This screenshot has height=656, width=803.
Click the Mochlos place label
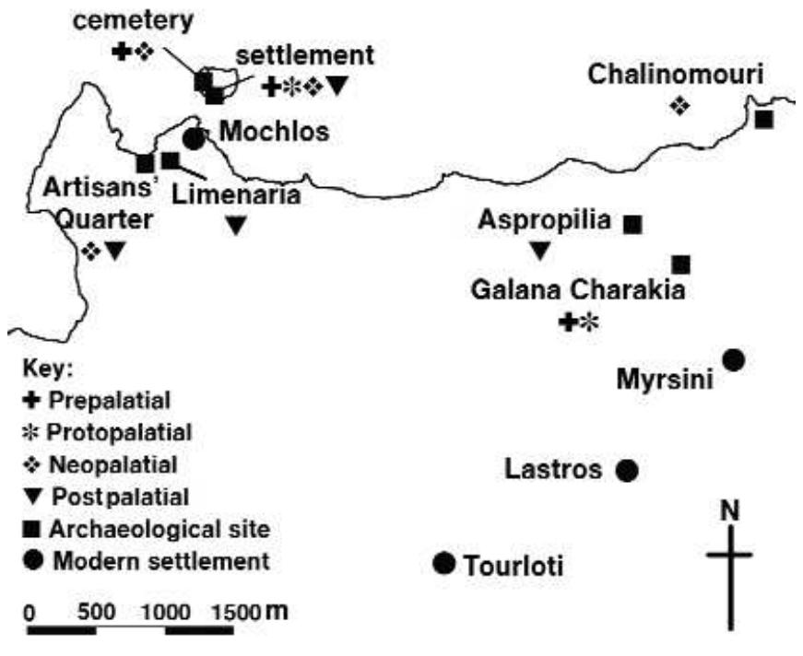pos(273,132)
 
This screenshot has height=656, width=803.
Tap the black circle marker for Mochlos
pos(194,139)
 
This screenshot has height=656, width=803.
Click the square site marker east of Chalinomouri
pos(763,118)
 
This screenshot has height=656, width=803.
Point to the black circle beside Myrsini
pos(734,359)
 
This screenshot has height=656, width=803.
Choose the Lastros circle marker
pos(627,471)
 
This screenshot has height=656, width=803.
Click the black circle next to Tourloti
pos(444,563)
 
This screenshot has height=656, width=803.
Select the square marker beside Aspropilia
pos(633,223)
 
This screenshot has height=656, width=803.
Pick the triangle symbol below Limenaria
pos(237,224)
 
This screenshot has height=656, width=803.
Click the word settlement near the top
pos(305,55)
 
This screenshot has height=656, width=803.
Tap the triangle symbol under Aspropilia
pos(540,250)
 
